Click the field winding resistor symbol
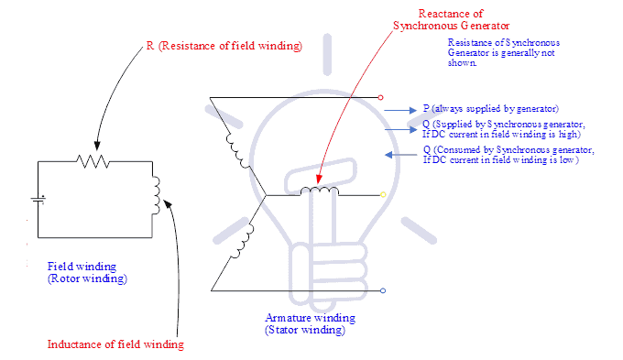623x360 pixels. (93, 161)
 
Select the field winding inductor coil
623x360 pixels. (156, 192)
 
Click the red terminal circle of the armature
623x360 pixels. (382, 96)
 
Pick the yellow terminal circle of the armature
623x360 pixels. (383, 194)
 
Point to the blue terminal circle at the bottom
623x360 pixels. (382, 291)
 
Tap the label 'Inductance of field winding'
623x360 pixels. (115, 344)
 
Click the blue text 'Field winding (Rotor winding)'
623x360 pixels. (87, 272)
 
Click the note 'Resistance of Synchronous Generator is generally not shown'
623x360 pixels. (503, 53)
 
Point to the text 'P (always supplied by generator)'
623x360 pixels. (491, 109)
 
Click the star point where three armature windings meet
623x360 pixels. (265, 194)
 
